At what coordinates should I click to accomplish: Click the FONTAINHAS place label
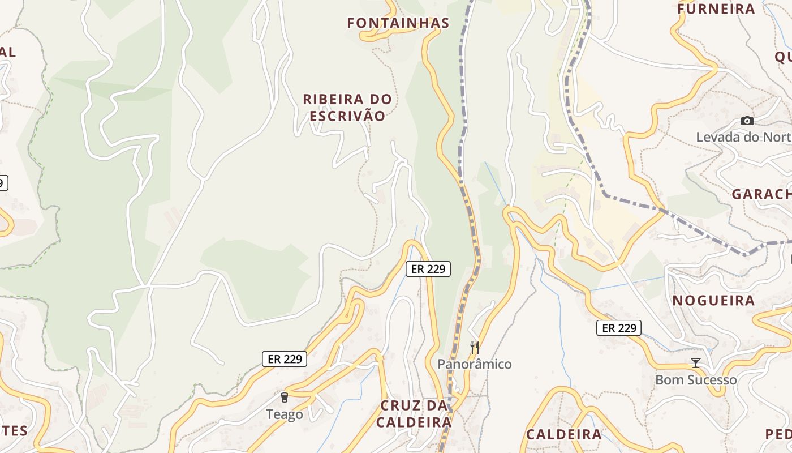pos(398,23)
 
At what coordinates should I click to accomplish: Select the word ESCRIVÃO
pos(347,116)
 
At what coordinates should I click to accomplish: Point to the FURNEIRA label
pos(716,9)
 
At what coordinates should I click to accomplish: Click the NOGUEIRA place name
pos(713,301)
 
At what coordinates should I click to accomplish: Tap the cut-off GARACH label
pos(761,194)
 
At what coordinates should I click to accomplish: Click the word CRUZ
pos(401,405)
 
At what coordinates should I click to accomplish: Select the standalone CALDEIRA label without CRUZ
pos(564,434)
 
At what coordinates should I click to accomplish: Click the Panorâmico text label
pos(474,364)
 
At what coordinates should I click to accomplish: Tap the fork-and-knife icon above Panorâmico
pos(474,347)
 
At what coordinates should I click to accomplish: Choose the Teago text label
pos(285,414)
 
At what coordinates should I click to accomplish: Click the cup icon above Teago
pos(285,398)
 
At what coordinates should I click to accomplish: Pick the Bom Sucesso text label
pos(696,379)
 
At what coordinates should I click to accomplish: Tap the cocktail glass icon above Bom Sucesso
pos(696,362)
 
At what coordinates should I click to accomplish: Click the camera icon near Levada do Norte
pos(747,121)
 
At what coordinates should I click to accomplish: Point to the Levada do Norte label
pos(743,137)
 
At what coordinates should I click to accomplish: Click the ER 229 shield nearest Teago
pos(285,358)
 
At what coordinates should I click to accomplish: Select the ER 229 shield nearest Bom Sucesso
pos(619,328)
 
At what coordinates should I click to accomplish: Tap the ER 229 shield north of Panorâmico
pos(428,269)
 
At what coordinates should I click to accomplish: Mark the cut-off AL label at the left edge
pos(7,52)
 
